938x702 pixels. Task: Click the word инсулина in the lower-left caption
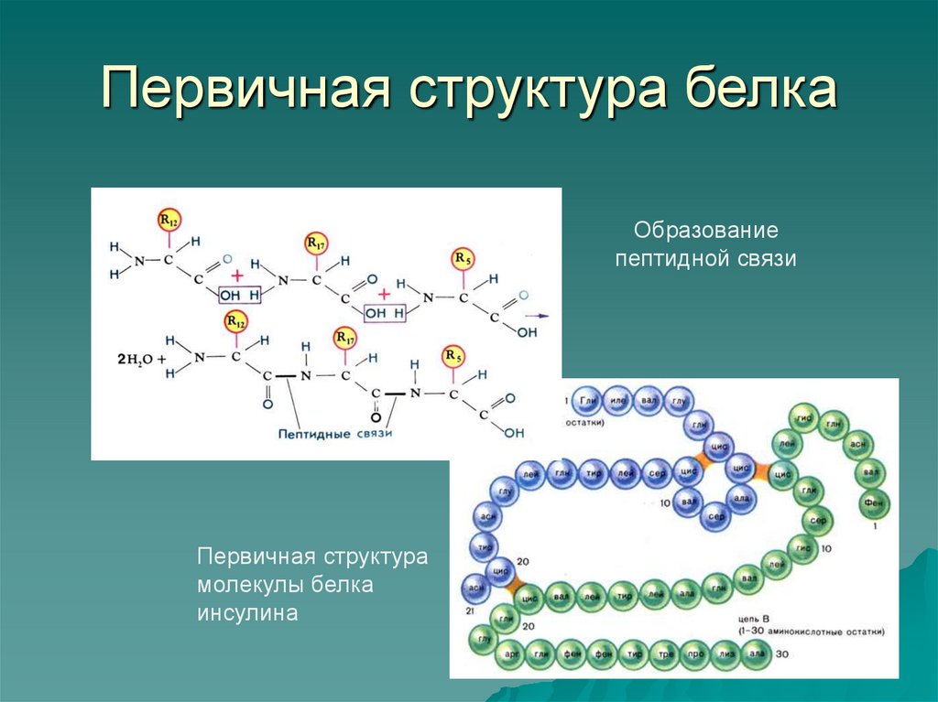[247, 612]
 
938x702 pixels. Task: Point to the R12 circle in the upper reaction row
[169, 219]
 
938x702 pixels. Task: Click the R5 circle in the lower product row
[453, 355]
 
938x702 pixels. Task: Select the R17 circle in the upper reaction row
[315, 243]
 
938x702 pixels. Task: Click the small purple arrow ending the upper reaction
[541, 315]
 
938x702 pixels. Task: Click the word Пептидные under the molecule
[314, 435]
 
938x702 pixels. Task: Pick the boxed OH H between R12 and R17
[241, 295]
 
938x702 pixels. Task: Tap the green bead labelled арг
[510, 655]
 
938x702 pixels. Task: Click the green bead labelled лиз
[725, 655]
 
